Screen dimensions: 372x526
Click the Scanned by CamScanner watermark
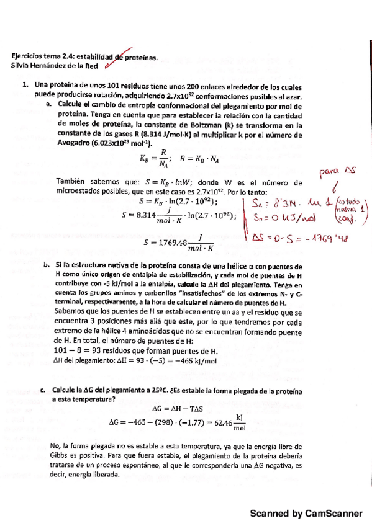point(306,514)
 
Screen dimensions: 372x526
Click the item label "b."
point(47,265)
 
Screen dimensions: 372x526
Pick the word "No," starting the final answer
point(61,446)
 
